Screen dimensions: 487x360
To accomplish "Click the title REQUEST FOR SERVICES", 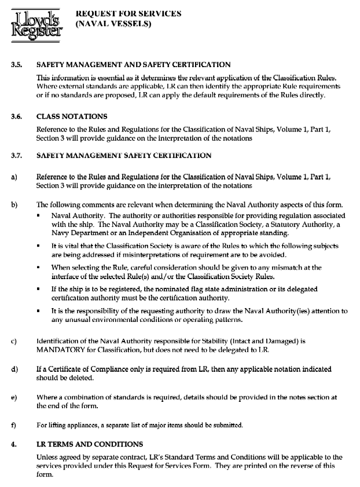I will (128, 13).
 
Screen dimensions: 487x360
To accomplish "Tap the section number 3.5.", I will (16, 65).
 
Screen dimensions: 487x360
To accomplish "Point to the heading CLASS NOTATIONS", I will (71, 116).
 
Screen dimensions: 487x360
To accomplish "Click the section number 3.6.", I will (16, 116).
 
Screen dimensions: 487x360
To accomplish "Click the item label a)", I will (13, 176).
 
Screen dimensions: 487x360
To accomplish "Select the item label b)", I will (13, 204).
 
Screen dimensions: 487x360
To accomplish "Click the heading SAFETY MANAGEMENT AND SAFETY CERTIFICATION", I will (134, 65).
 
